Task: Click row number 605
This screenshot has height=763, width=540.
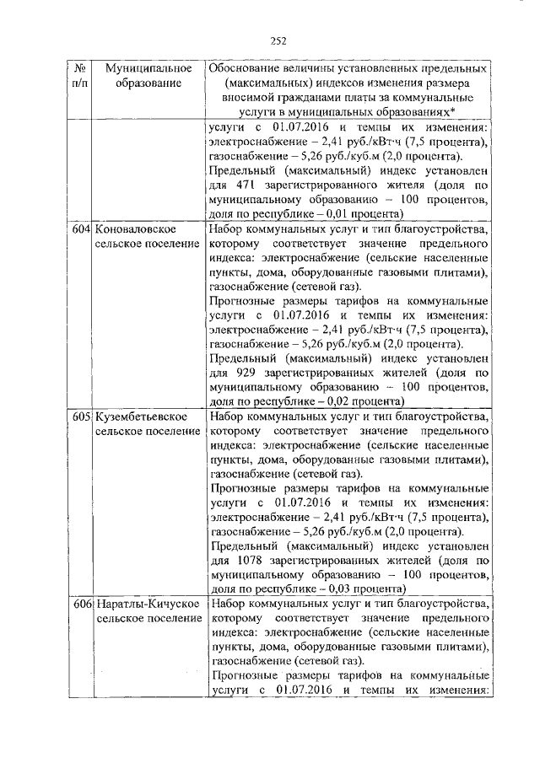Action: (x=82, y=417)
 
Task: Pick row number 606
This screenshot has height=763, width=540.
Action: (x=82, y=605)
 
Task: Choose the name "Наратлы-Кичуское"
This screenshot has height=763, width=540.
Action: (x=147, y=605)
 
